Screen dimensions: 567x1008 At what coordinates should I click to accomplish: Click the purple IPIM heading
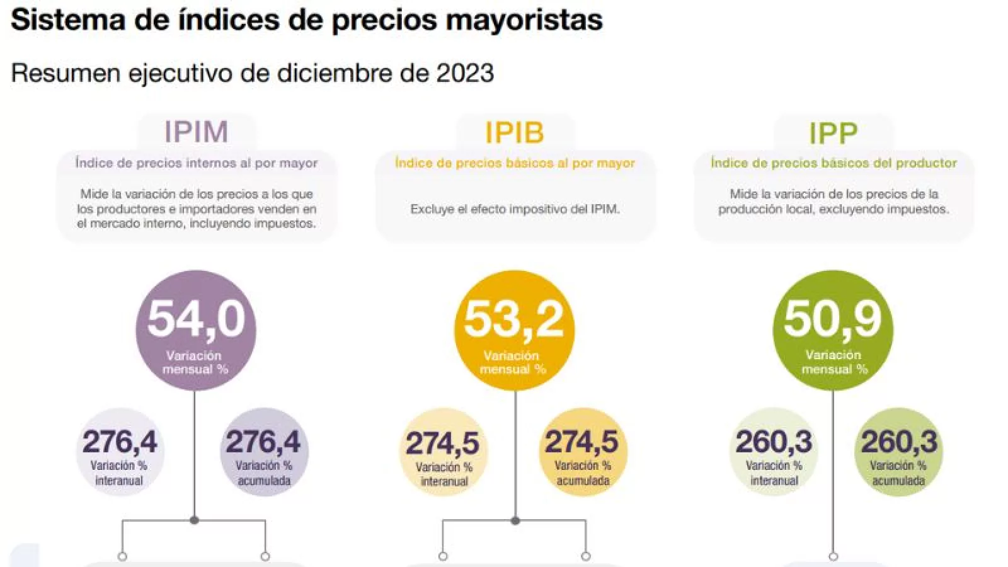pos(196,132)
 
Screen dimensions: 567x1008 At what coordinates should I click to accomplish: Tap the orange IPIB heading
pos(514,133)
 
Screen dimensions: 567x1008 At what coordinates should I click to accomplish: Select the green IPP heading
pos(833,134)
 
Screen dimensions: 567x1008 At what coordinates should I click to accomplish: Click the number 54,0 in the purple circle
pos(196,319)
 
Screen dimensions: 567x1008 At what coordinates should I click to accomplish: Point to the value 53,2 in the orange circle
pos(514,319)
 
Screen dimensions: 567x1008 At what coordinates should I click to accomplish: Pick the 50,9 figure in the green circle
pos(833,319)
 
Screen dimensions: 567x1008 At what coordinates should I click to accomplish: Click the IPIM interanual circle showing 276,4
pos(120,452)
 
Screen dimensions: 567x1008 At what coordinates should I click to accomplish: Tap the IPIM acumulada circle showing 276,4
pos(264,452)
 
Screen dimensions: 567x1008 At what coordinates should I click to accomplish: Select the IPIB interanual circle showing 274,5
pos(444,452)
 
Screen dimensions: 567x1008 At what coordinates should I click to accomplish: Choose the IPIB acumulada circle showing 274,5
pos(583,452)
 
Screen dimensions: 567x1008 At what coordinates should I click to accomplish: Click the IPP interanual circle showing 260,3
pos(774,452)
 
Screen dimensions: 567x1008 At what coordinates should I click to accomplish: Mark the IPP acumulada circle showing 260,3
pos(899,452)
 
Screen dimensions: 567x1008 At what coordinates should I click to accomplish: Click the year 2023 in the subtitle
pos(465,73)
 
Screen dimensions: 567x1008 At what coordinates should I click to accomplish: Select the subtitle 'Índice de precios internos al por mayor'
pos(197,163)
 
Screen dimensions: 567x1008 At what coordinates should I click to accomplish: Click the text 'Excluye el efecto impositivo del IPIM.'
pos(515,209)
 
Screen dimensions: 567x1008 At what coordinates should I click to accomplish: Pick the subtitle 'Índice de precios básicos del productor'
pos(833,163)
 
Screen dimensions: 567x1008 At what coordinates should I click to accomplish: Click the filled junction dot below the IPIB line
pos(515,521)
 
